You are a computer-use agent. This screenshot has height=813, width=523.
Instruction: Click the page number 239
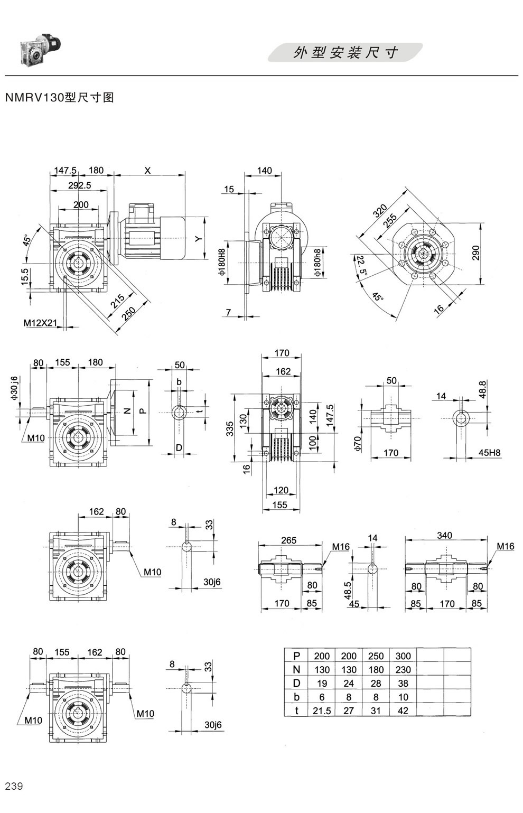(x=14, y=786)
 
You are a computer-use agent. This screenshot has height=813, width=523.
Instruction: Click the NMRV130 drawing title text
(x=59, y=98)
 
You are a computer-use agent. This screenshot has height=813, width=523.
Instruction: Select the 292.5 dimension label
(x=80, y=185)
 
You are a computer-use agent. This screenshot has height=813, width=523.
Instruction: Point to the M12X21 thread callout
(x=40, y=322)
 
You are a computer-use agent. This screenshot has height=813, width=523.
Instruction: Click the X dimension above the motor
(x=148, y=170)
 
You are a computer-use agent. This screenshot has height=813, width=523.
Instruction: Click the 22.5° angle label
(x=360, y=266)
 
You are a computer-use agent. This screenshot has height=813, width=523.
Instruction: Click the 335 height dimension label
(x=230, y=428)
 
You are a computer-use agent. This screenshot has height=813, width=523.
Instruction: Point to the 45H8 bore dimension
(x=489, y=453)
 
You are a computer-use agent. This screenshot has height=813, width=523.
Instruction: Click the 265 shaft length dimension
(x=289, y=540)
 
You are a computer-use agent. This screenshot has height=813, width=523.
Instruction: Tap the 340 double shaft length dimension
(x=444, y=536)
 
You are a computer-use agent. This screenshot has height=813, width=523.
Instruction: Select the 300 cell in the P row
(x=403, y=656)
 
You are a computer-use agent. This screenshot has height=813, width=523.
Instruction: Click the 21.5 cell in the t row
(x=322, y=711)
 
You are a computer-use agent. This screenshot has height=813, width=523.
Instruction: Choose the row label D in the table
(x=296, y=684)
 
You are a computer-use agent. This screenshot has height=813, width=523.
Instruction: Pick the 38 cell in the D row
(x=403, y=684)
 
